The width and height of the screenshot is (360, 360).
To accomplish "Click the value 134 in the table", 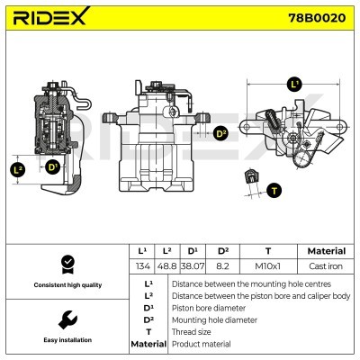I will click(x=141, y=266).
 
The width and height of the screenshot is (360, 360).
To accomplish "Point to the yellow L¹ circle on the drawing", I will click(x=294, y=84).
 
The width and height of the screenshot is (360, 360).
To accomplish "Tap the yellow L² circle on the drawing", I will click(x=18, y=168).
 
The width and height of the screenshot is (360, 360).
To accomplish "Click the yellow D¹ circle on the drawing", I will click(x=52, y=167).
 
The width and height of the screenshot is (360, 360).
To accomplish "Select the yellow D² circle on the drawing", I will click(x=221, y=133).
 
